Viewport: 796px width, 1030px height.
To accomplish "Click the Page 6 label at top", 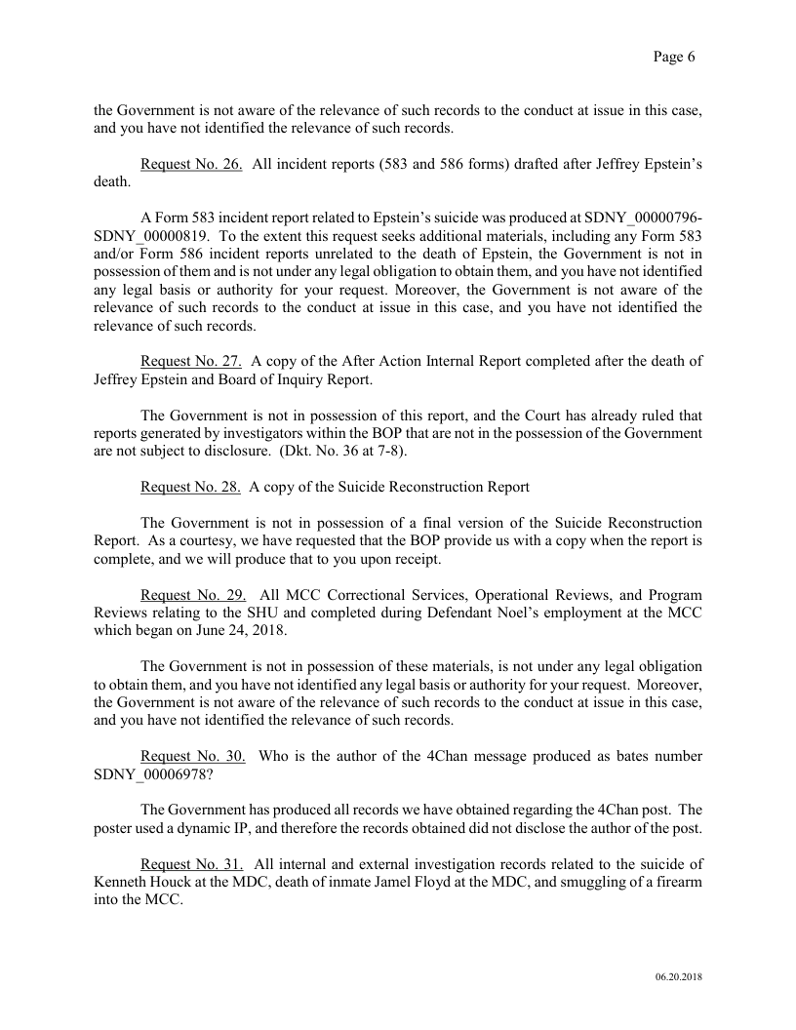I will point(673,57).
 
